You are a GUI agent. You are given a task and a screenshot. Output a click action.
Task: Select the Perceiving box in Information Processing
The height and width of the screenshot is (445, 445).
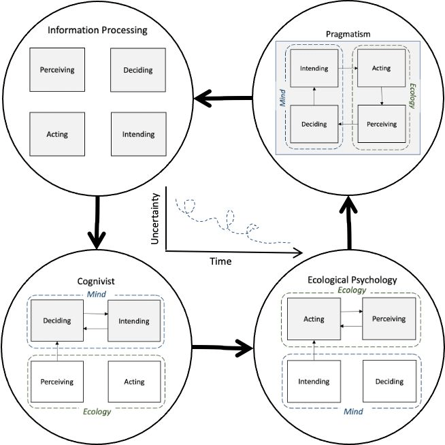57,69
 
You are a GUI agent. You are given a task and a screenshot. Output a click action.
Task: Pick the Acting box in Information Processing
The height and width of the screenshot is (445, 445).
57,134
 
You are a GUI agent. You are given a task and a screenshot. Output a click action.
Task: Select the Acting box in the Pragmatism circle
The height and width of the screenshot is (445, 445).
381,68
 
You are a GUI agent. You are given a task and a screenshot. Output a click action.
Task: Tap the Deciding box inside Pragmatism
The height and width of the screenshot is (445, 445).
314,124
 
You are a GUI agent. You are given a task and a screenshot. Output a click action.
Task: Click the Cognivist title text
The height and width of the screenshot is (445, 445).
96,281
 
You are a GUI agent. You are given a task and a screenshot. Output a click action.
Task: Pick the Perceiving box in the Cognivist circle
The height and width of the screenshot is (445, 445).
57,381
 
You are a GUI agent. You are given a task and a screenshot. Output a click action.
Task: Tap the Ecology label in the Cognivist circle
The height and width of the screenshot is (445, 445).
97,412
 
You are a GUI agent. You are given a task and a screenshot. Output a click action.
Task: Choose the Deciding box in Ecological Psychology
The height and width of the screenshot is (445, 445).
389,381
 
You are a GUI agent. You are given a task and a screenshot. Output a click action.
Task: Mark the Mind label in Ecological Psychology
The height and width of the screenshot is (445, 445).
353,412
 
